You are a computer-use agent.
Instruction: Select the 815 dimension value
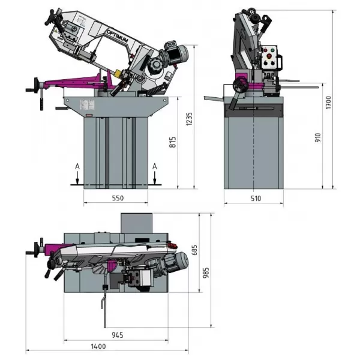173,144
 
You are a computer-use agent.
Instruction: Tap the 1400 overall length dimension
99,346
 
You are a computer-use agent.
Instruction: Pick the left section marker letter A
77,166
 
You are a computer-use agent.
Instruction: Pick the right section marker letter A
155,166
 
